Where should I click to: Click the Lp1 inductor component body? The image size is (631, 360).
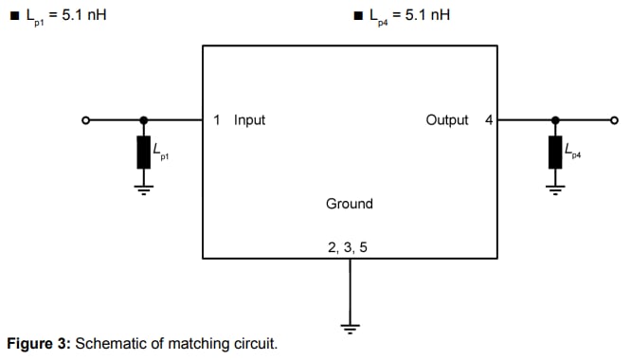pos(144,153)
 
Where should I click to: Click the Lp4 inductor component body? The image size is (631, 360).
pos(555,153)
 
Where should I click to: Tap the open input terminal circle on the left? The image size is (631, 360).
pos(86,120)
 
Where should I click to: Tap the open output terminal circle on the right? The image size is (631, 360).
pos(613,120)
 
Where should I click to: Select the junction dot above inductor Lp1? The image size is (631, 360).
pos(144,120)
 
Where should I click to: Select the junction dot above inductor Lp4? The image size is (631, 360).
pos(555,120)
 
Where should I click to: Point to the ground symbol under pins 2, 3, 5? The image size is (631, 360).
pos(351,328)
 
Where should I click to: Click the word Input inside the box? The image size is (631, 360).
pos(249,120)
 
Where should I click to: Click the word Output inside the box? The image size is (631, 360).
pos(447,120)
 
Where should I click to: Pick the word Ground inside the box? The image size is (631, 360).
pos(350,204)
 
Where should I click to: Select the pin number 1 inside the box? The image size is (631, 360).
pos(217,120)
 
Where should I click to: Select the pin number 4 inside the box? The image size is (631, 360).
pos(488,120)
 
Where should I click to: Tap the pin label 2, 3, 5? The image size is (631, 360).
pos(348,246)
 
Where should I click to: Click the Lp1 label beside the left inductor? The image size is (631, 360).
pos(160,151)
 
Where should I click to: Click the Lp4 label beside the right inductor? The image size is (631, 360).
pos(571,151)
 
